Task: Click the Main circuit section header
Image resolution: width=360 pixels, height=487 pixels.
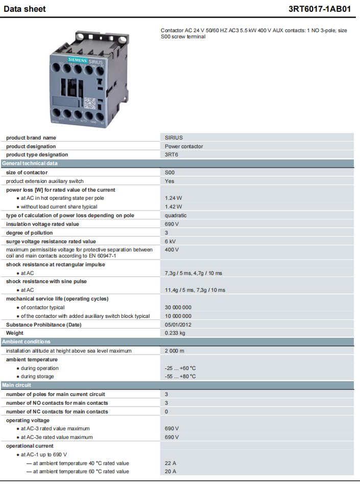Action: click(17, 385)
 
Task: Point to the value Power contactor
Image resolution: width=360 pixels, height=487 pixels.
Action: click(184, 146)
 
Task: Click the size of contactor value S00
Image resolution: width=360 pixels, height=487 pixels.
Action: click(170, 173)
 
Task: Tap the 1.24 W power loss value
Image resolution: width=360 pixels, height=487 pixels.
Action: click(174, 198)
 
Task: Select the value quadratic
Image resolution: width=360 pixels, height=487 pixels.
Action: click(176, 216)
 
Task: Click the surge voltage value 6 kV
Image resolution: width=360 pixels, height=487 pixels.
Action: click(171, 242)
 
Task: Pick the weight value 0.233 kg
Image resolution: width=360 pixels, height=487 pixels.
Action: click(175, 333)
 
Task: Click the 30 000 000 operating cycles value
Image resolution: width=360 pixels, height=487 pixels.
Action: click(178, 308)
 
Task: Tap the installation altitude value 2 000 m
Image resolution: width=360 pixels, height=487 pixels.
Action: click(175, 351)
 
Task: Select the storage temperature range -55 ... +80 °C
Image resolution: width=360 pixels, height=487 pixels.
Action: click(180, 377)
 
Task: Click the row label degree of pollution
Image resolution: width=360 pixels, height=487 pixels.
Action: click(29, 233)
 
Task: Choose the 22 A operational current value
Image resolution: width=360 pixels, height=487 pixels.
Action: click(171, 463)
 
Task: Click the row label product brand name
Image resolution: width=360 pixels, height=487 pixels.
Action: click(31, 138)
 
